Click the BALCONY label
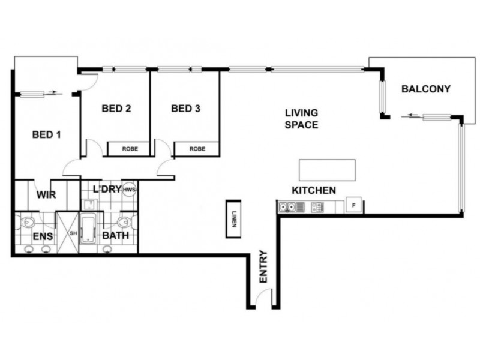[x=426, y=89]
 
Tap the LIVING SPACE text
[x=302, y=119]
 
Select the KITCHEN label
[x=314, y=190]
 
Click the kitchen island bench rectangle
[x=327, y=170]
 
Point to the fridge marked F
[x=353, y=205]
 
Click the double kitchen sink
[x=291, y=207]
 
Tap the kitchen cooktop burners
[x=317, y=207]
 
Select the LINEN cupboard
[x=233, y=219]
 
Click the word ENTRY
[x=263, y=266]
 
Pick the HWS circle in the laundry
[x=129, y=190]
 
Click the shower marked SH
[x=68, y=232]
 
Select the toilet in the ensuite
[x=27, y=221]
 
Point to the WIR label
[x=46, y=194]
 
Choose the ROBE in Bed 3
[x=197, y=149]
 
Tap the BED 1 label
[x=47, y=134]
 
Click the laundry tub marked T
[x=91, y=204]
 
